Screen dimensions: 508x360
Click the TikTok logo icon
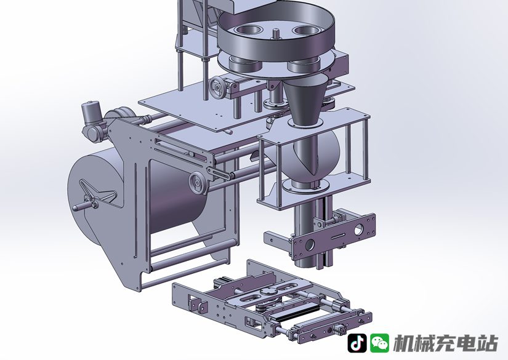coord(357,343)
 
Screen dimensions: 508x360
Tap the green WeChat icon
coord(380,343)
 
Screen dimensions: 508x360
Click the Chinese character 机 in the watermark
coord(404,343)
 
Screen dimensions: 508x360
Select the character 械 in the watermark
coord(425,343)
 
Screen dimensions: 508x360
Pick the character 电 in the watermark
coord(467,343)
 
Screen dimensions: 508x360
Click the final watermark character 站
coord(488,343)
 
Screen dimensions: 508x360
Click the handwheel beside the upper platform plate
coord(218,87)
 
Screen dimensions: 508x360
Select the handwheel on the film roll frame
coord(197,183)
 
